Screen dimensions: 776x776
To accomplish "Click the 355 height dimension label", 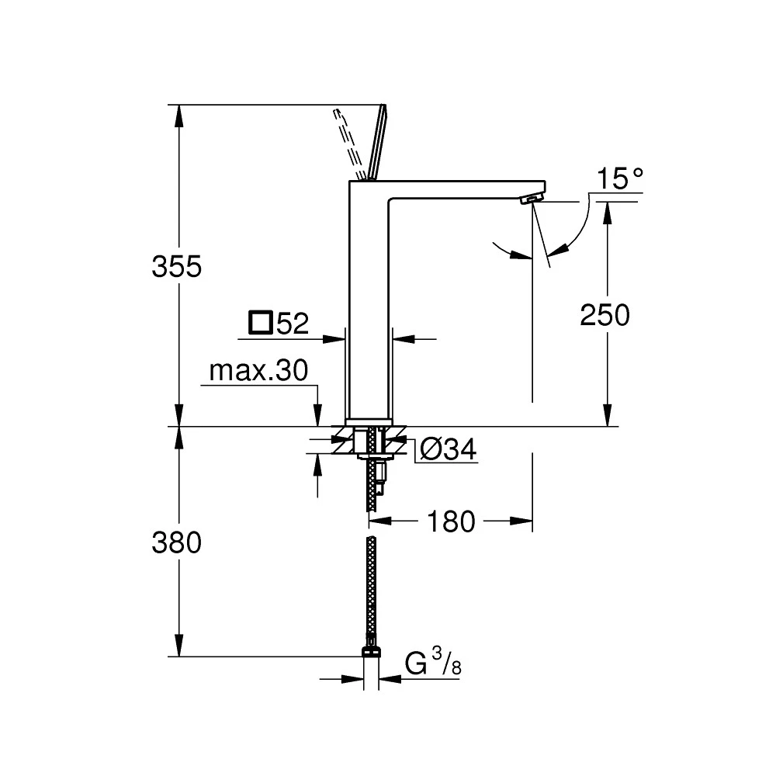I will coord(177,266).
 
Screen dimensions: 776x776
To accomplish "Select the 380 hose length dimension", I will coord(177,542).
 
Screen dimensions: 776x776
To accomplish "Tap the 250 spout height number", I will coord(605,315).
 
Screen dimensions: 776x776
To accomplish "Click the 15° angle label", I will coord(620,180).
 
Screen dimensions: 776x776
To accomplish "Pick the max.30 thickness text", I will coord(258,372).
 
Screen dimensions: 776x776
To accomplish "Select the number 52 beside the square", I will coord(293,324).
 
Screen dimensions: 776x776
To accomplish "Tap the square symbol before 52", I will coord(261,322).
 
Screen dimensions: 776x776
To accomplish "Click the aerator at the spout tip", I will coord(529,200).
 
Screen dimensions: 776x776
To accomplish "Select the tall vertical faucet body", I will coord(369,310).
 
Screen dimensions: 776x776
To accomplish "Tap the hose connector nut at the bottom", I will coord(372,650).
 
